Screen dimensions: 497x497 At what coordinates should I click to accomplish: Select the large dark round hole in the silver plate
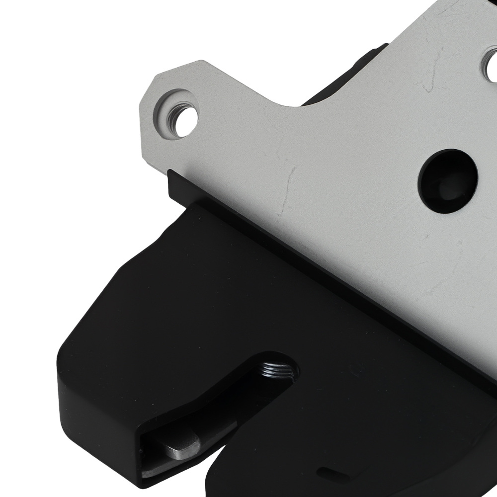(447, 181)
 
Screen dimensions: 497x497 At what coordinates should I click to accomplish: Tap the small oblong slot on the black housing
(331, 473)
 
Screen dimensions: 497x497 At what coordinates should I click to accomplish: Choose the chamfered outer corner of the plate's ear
(149, 89)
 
